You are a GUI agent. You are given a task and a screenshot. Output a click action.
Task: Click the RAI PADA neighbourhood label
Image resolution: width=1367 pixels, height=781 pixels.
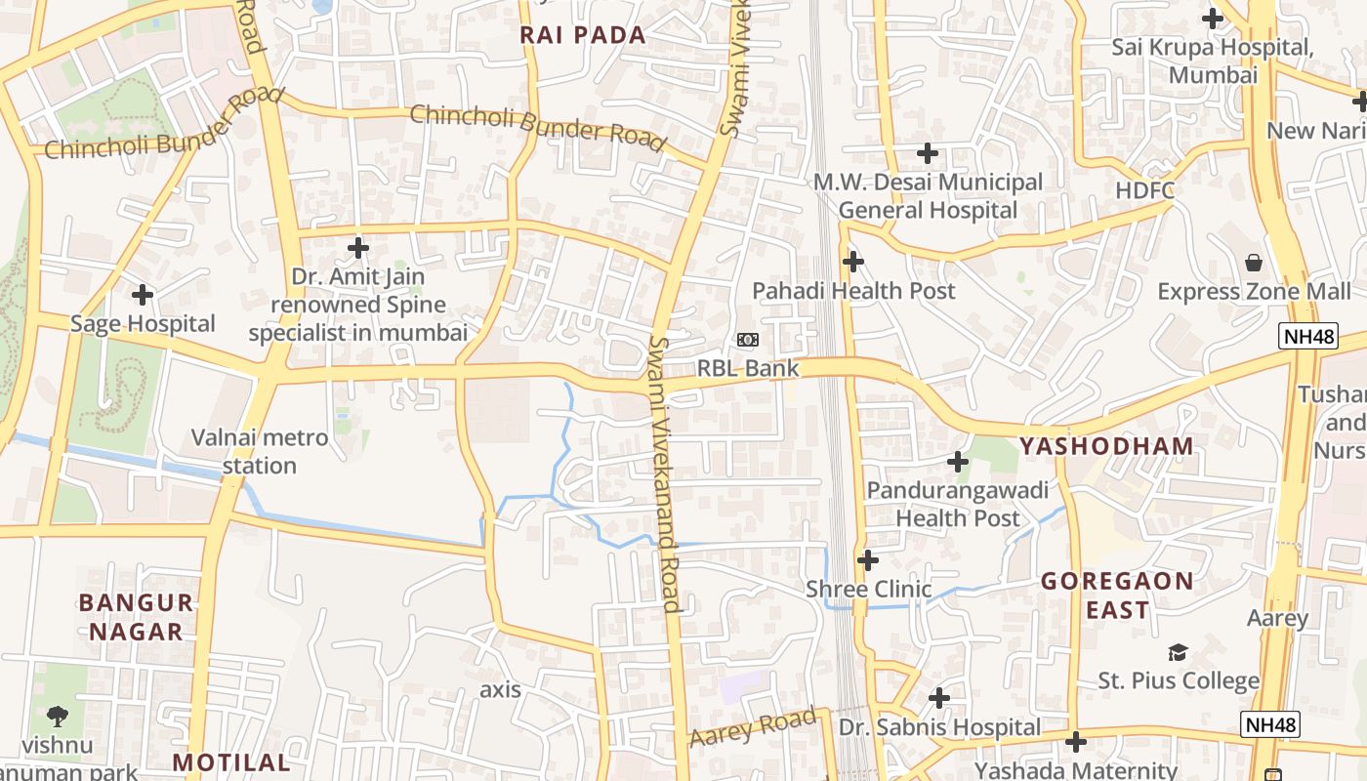(x=583, y=36)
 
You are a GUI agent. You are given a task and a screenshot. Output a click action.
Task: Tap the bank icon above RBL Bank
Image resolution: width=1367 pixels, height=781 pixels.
(x=748, y=340)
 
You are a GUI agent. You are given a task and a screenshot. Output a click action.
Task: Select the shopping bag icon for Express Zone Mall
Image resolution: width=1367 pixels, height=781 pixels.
(x=1254, y=263)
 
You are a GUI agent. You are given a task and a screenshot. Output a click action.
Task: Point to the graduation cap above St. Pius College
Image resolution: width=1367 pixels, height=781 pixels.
(x=1179, y=652)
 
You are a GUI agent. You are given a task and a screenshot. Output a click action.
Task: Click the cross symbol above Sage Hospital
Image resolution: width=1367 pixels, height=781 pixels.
(x=143, y=294)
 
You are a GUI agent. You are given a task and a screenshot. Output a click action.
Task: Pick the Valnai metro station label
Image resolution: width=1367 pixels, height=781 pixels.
(x=260, y=451)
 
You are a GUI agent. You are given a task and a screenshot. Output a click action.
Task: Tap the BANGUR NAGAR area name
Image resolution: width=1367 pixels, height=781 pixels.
(x=136, y=617)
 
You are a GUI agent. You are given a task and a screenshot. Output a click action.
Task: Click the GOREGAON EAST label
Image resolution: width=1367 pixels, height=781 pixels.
(x=1117, y=596)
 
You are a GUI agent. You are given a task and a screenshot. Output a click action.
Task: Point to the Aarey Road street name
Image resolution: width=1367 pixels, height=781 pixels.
(x=752, y=728)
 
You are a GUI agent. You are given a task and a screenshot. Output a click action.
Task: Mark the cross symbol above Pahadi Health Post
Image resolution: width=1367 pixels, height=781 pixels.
(x=853, y=262)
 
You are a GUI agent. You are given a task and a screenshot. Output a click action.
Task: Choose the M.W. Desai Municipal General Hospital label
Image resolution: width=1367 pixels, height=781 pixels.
(x=928, y=196)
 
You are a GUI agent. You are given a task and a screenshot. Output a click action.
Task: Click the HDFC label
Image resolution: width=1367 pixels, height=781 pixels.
(x=1144, y=190)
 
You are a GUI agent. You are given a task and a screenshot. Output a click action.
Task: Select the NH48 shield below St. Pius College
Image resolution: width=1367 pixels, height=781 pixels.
(x=1271, y=724)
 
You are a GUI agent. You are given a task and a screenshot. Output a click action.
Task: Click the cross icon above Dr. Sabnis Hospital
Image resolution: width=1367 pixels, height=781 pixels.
(x=939, y=698)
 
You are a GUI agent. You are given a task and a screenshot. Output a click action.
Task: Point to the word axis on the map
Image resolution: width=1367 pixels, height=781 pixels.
(x=500, y=690)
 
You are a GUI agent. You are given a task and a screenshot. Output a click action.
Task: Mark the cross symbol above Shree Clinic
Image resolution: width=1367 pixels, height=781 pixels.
(x=867, y=560)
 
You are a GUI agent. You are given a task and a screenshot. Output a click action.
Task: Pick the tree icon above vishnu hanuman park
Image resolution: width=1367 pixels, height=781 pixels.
(x=58, y=717)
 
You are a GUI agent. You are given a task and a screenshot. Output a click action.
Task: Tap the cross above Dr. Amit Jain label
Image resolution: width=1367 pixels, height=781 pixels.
(x=358, y=248)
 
